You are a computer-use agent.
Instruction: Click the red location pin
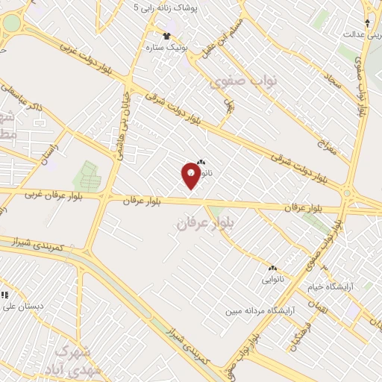pos(191,175)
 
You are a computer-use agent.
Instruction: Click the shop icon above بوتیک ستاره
pos(167,35)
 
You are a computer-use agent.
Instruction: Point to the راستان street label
pos(48,151)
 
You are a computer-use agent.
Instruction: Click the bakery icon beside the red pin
pos(200,162)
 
